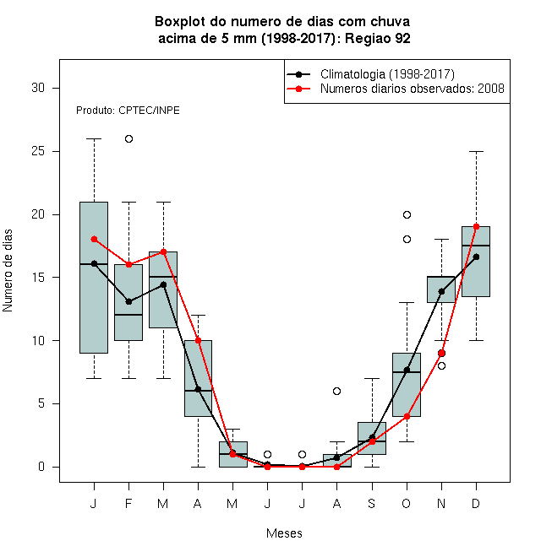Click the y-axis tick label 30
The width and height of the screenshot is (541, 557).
click(x=38, y=88)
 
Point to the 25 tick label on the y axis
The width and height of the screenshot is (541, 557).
click(x=38, y=151)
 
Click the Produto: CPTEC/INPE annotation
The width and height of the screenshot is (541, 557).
click(x=128, y=111)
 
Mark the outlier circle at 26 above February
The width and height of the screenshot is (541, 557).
click(x=128, y=139)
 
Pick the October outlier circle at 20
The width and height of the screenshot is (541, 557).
click(x=407, y=214)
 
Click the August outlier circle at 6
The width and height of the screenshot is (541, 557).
click(x=336, y=391)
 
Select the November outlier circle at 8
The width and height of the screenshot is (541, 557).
click(x=441, y=366)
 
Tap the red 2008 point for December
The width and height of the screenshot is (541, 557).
click(x=476, y=227)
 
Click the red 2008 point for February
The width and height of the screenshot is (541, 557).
click(x=128, y=265)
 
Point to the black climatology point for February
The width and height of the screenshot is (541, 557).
click(x=128, y=302)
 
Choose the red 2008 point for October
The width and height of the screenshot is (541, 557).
click(x=407, y=416)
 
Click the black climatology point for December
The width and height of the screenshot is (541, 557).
click(x=476, y=257)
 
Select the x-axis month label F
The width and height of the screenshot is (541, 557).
click(x=128, y=503)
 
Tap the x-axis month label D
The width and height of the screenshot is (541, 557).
click(x=476, y=503)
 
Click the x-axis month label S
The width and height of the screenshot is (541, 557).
click(x=372, y=503)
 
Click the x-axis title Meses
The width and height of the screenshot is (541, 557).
click(x=284, y=533)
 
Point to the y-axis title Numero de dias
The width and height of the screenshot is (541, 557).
click(x=8, y=271)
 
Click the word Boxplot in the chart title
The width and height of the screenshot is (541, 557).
click(x=180, y=22)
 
